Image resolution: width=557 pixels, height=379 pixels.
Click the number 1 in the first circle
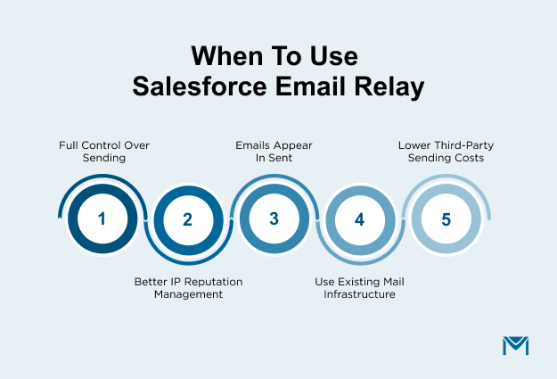102,218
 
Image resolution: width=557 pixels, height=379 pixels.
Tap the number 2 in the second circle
187,219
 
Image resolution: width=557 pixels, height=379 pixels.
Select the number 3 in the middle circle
274,218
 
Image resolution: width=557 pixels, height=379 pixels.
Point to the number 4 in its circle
359,219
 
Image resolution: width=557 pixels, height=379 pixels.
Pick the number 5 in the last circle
446,218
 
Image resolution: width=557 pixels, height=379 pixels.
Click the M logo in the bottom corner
515,346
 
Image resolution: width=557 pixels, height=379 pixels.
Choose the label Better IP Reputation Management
188,287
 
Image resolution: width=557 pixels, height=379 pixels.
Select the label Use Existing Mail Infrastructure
360,287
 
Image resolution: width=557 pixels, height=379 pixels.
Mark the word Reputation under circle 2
205,281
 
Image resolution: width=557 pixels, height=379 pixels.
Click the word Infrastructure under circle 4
360,293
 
